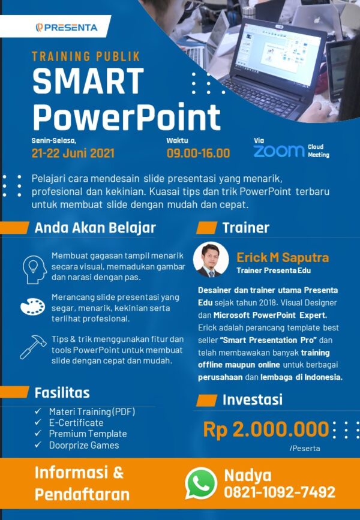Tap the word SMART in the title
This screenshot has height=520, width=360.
(88, 82)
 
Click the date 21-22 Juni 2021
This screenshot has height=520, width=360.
(73, 152)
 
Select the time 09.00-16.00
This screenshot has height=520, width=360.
(198, 152)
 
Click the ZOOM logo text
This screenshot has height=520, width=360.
(279, 151)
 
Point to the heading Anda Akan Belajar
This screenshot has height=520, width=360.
(95, 228)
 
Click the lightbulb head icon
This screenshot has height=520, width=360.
(34, 268)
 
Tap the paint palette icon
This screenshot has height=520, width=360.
(33, 306)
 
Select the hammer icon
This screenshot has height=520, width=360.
(33, 346)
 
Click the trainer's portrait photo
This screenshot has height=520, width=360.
(211, 259)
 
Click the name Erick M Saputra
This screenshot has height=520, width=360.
(283, 257)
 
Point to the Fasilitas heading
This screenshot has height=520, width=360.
(62, 393)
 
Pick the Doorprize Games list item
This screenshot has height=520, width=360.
(84, 445)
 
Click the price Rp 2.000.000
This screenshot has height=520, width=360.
(266, 429)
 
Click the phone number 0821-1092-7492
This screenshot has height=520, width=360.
(280, 492)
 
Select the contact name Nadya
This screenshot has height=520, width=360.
(248, 475)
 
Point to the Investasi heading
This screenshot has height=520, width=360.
(252, 400)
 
